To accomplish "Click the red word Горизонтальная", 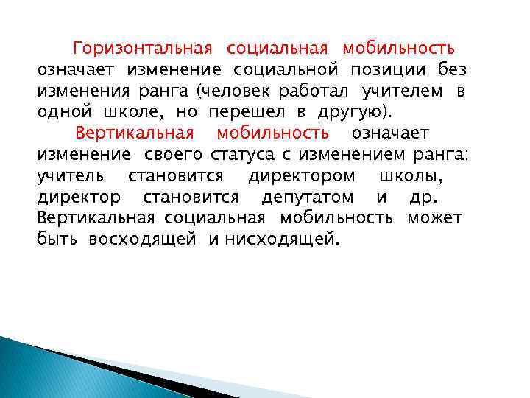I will click(143, 49).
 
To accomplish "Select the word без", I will click(451, 69).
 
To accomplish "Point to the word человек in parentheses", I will click(240, 91).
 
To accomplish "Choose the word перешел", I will click(245, 112).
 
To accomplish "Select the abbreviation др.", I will click(423, 198).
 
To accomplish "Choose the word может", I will click(435, 219).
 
